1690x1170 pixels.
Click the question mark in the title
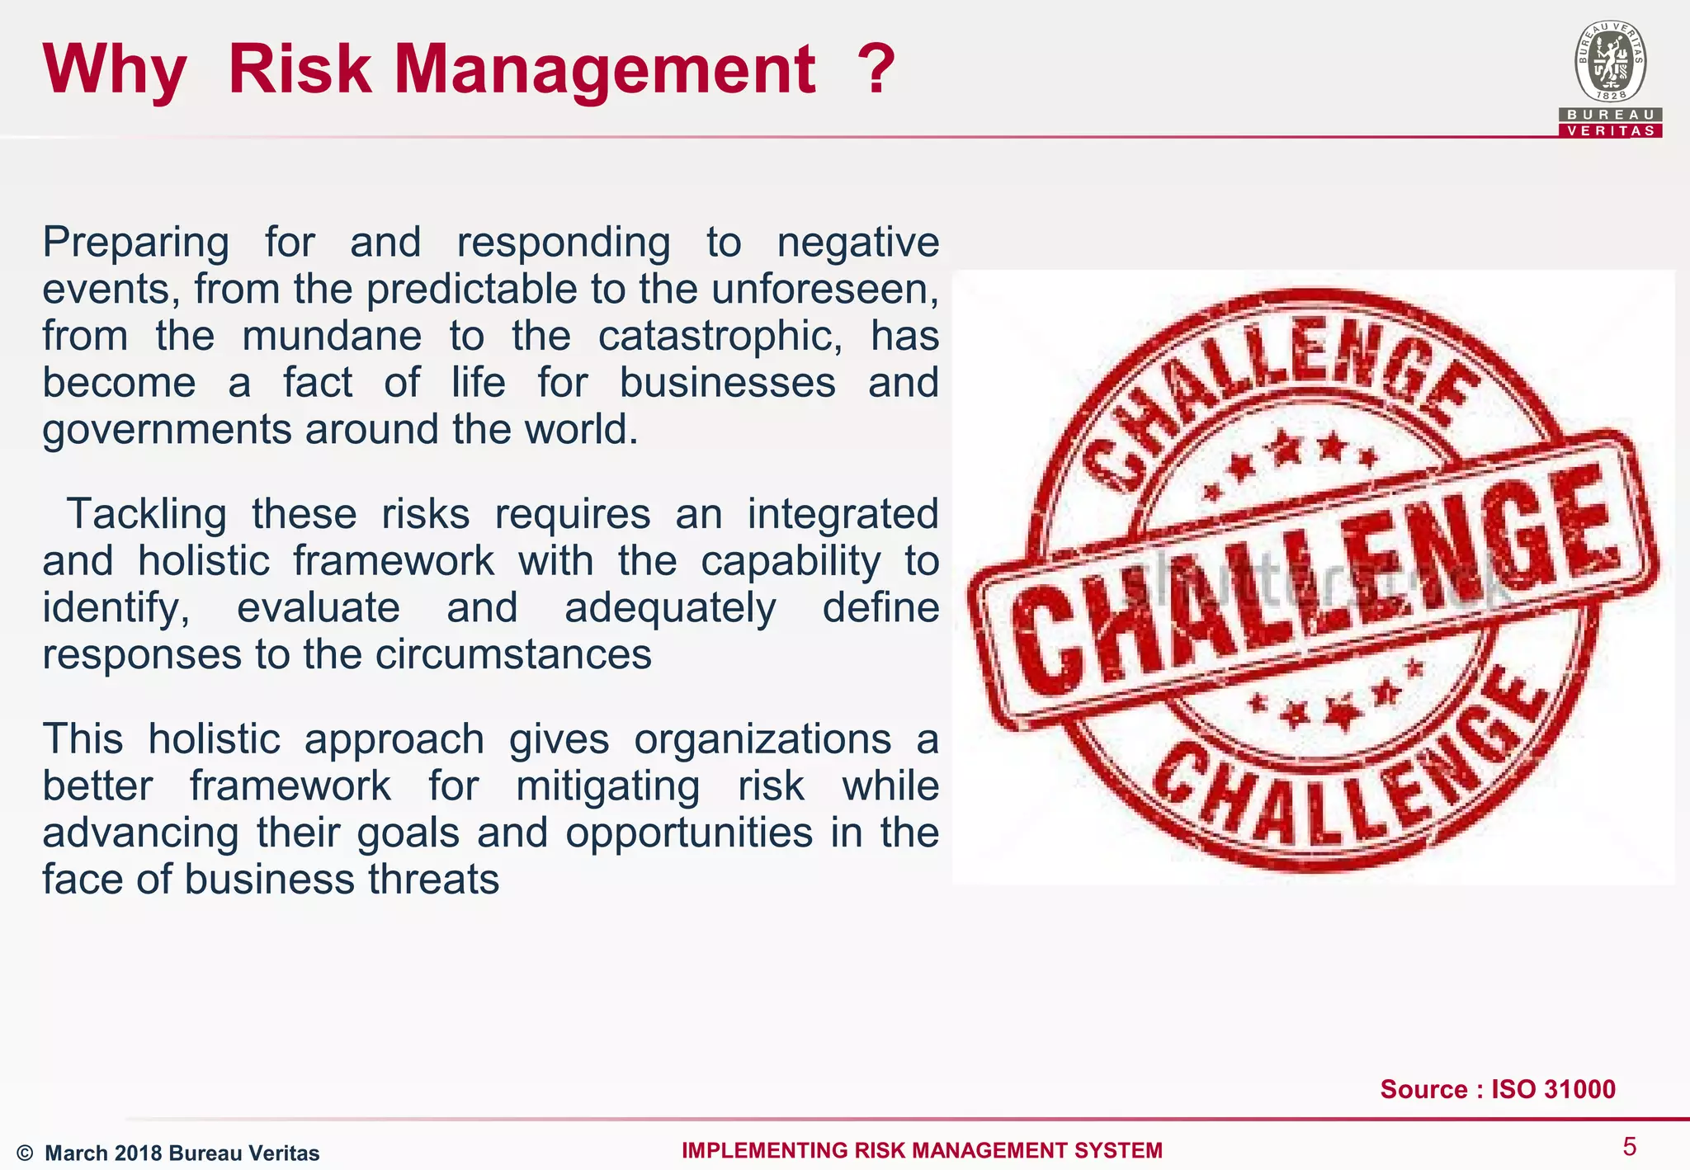pyautogui.click(x=876, y=69)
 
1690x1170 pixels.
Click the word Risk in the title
pyautogui.click(x=299, y=69)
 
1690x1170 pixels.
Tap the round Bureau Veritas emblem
pyautogui.click(x=1610, y=62)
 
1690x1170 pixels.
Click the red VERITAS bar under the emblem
pyautogui.click(x=1610, y=130)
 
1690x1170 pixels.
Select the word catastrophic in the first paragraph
pyautogui.click(x=720, y=337)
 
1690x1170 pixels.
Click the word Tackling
pyautogui.click(x=146, y=515)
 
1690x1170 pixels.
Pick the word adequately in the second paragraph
pyautogui.click(x=669, y=609)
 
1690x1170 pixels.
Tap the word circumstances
pyautogui.click(x=513, y=655)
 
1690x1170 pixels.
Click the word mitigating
pyautogui.click(x=607, y=786)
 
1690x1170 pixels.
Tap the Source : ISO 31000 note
pyautogui.click(x=1497, y=1089)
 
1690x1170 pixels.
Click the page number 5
pyautogui.click(x=1629, y=1147)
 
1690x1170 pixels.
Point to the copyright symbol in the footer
pyautogui.click(x=25, y=1153)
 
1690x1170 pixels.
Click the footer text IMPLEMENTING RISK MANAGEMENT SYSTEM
pyautogui.click(x=922, y=1150)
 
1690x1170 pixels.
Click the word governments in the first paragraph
pyautogui.click(x=168, y=431)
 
